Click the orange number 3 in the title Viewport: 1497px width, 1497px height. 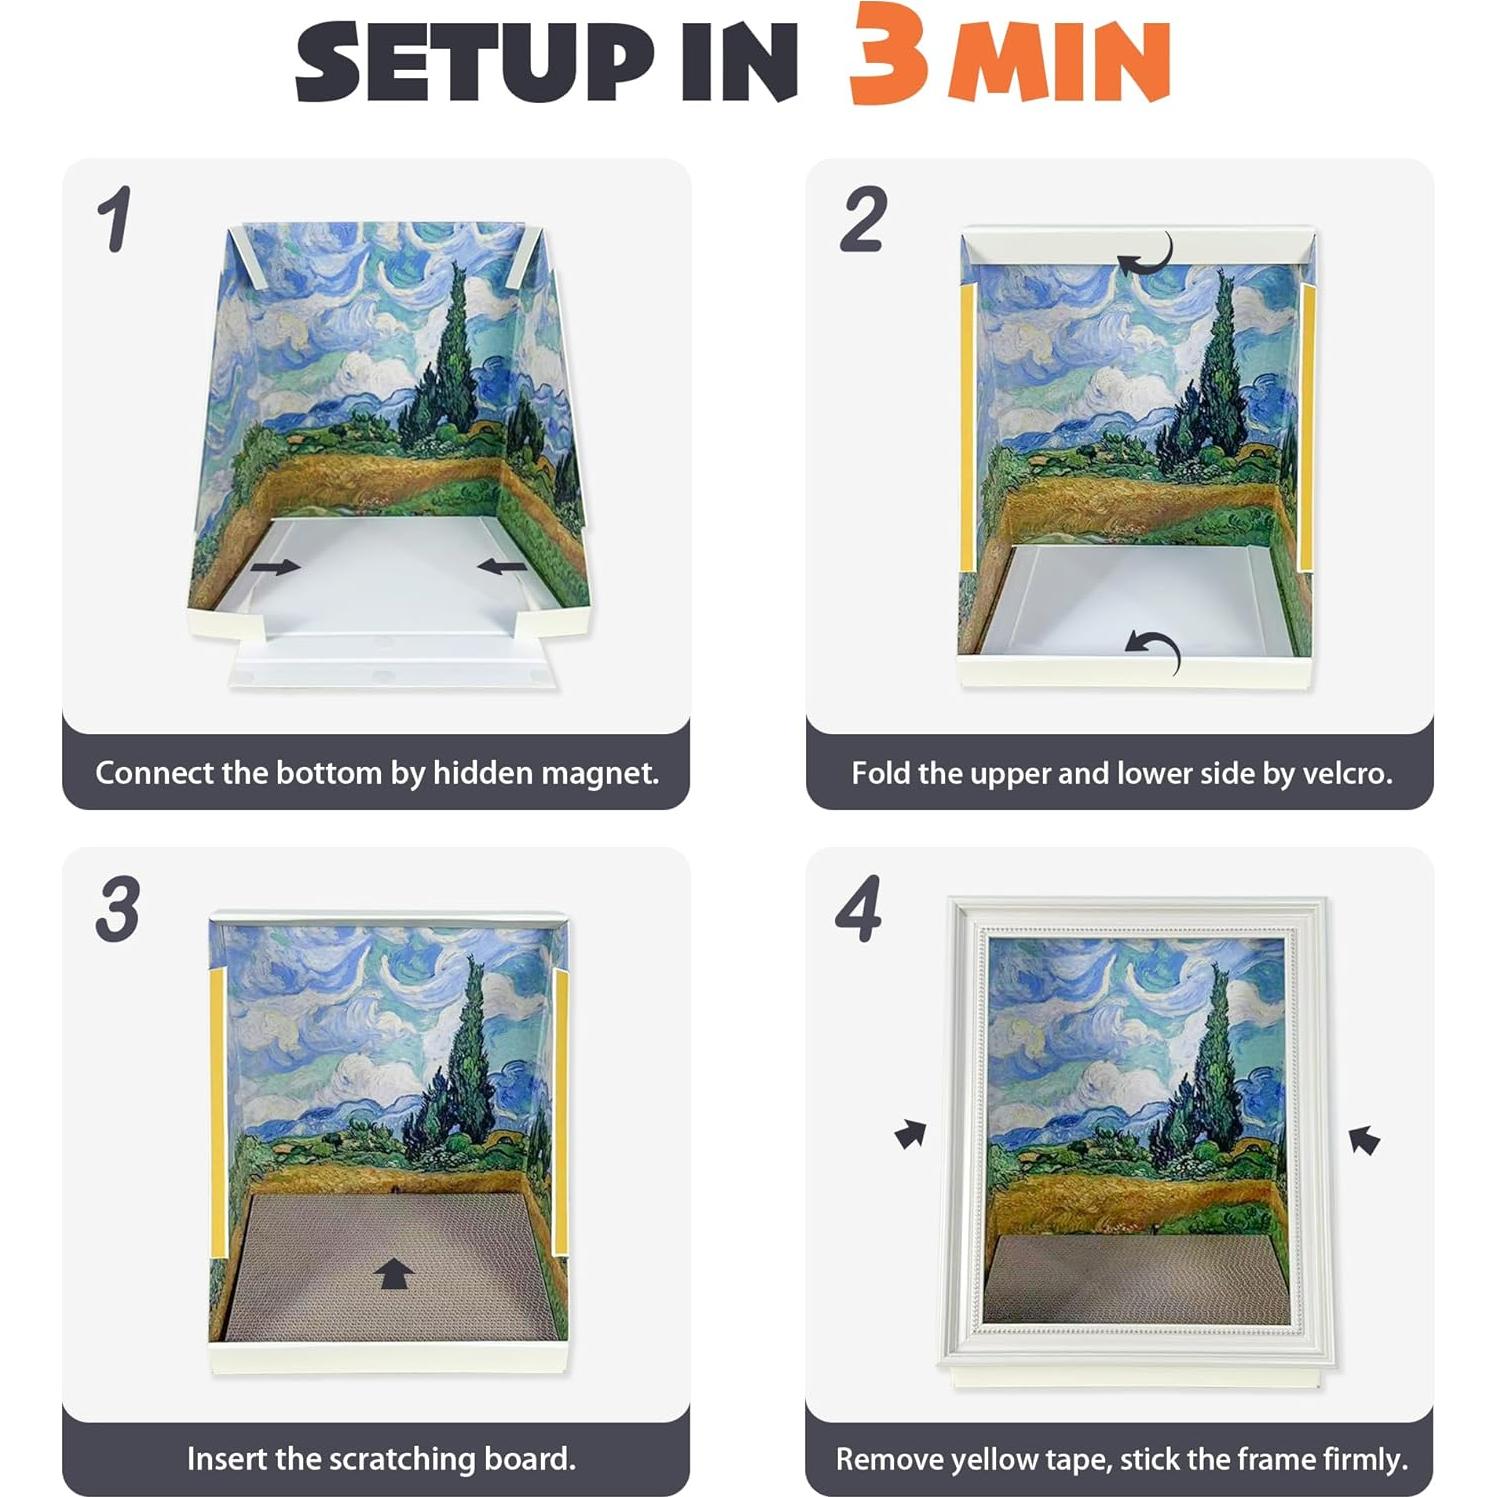888,55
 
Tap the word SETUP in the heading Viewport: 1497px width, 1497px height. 474,62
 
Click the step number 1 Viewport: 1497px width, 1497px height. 115,219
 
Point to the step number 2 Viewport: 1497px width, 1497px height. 863,219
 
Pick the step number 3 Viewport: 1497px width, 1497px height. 118,909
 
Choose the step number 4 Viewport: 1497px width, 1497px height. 859,909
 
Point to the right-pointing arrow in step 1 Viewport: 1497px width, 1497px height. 275,567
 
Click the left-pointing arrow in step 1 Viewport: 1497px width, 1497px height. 502,567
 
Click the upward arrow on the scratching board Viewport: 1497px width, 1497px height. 394,1274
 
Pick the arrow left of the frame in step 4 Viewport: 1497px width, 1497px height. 910,1134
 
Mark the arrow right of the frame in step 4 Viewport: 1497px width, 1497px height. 1364,1139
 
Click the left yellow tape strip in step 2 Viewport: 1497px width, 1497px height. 967,425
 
